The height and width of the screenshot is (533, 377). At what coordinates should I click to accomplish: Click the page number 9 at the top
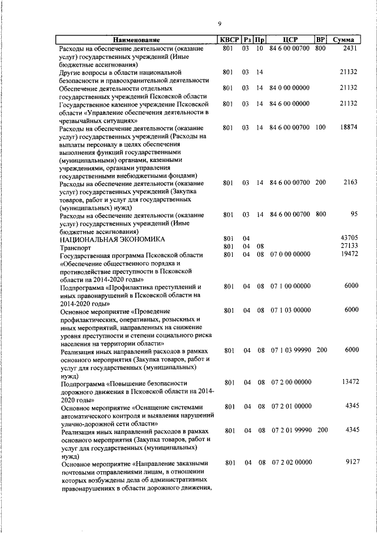(219, 24)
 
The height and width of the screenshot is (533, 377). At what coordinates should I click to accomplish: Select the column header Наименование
(137, 40)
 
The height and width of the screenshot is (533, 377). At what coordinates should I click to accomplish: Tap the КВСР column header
(229, 40)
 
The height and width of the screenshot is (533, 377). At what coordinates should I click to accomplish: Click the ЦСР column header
(289, 40)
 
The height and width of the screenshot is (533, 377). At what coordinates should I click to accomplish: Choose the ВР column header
(320, 40)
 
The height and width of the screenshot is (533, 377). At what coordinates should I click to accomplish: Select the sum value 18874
(348, 127)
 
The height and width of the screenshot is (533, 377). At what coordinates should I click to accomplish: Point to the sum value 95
(353, 214)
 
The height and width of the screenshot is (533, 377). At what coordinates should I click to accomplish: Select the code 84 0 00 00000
(290, 88)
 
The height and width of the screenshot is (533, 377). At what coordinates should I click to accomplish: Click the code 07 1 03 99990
(290, 350)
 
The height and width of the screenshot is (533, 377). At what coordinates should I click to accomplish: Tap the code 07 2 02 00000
(290, 463)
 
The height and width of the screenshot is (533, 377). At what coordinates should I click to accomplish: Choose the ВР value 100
(320, 127)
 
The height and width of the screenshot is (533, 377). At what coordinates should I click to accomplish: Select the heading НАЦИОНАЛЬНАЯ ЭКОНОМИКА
(111, 240)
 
